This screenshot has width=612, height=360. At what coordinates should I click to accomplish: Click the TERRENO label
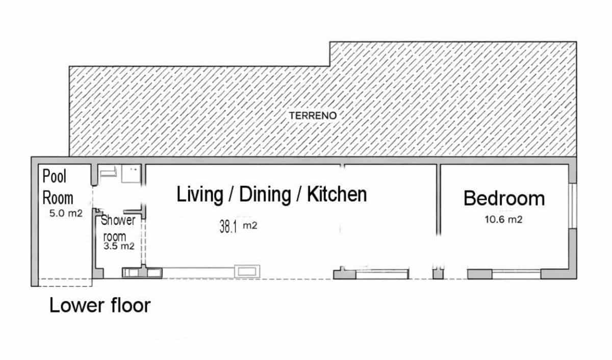(313, 116)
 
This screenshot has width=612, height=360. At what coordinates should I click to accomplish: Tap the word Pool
(55, 176)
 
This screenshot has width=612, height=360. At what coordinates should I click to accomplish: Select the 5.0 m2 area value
(66, 213)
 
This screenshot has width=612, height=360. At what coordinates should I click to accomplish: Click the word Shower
(118, 220)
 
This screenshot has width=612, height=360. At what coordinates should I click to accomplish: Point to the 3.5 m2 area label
(119, 246)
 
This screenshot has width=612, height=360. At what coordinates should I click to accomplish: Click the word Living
(200, 194)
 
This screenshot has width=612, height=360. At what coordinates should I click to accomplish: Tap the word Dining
(265, 194)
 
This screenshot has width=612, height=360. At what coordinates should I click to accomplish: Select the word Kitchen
(337, 194)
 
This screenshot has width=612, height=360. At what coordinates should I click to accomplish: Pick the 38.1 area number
(228, 226)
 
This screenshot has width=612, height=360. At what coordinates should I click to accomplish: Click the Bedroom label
(504, 198)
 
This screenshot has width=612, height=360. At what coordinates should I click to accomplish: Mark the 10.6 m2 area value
(503, 219)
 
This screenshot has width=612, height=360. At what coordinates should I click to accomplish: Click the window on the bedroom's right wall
(572, 205)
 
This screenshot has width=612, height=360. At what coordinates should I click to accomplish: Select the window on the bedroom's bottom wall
(516, 274)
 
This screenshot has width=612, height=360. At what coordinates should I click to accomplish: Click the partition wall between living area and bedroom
(439, 200)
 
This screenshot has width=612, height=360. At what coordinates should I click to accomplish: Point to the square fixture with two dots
(131, 174)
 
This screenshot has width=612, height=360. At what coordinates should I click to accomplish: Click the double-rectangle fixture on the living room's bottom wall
(247, 271)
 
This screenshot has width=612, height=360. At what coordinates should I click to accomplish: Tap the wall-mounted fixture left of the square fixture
(108, 172)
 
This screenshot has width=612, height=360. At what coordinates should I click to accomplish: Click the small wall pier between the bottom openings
(438, 274)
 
